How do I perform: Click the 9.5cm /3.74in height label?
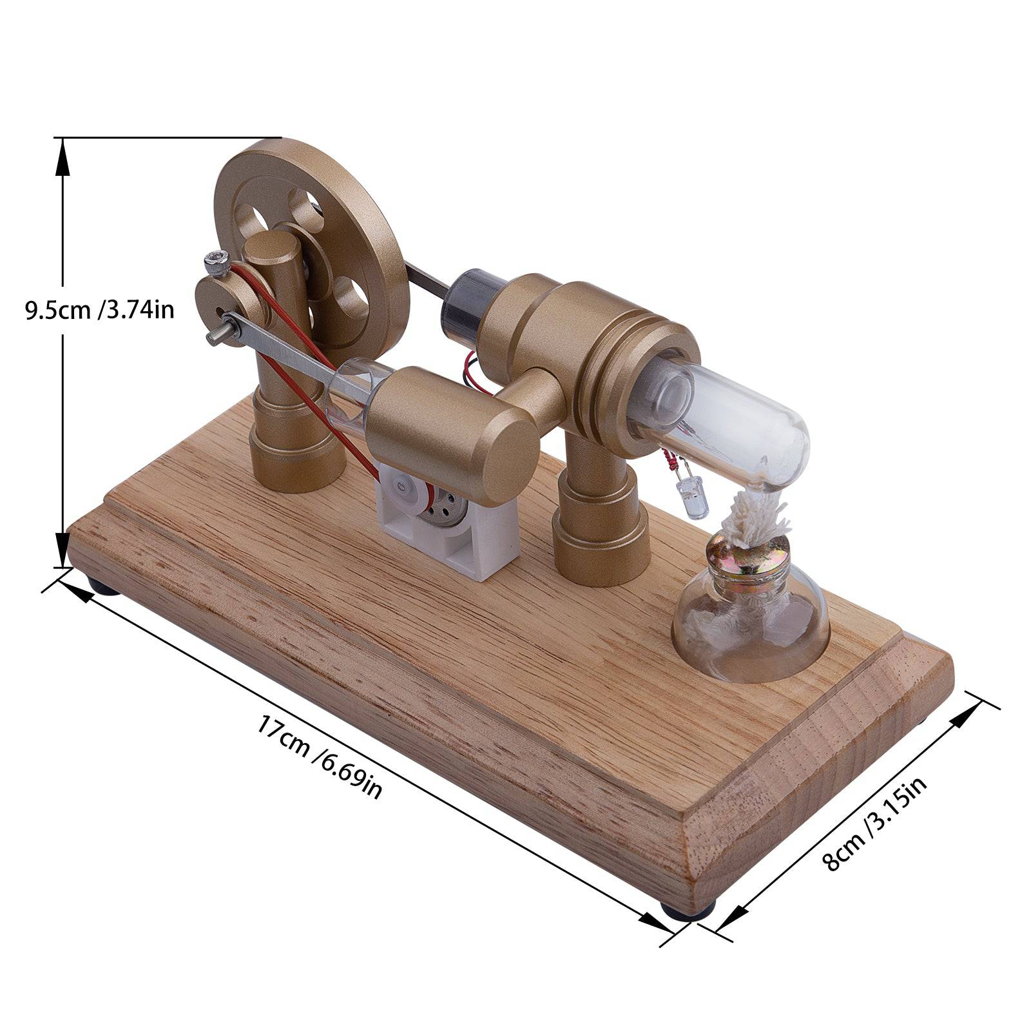pyautogui.click(x=100, y=310)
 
